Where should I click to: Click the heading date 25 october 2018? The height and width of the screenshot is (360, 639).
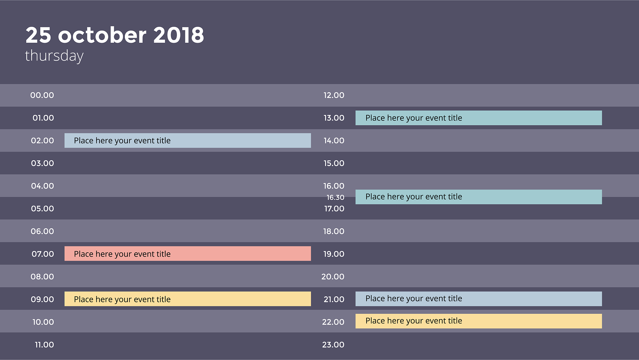pos(115,35)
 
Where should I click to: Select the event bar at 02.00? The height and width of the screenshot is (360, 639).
pos(188,141)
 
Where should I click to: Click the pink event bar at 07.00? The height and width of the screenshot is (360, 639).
pos(188,254)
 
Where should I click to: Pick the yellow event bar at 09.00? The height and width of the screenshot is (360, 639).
pos(188,299)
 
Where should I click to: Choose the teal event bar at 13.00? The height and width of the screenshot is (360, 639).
pos(479,118)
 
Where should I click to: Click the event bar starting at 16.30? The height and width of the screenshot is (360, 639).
pos(479,197)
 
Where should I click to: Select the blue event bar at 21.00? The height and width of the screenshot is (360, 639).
pos(479,299)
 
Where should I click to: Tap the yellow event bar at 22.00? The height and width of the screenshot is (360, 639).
pos(479,321)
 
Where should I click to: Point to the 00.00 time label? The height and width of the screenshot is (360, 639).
pos(42,95)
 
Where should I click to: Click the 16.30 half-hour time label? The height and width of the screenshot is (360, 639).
pos(335,197)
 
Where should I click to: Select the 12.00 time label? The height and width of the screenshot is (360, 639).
pos(334,95)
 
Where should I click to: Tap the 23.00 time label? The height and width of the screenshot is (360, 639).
pos(333,345)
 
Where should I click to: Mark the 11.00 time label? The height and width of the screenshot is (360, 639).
pos(44,345)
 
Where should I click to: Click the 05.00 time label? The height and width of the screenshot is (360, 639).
pos(42,209)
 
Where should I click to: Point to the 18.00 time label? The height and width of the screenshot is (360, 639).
pos(334,231)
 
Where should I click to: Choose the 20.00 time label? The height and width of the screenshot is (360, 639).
pos(333,277)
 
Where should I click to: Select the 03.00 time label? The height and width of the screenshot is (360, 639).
pos(42,163)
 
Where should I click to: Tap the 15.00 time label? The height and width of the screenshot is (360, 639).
pos(334,163)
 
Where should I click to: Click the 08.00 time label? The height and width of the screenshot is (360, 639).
pos(42,277)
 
